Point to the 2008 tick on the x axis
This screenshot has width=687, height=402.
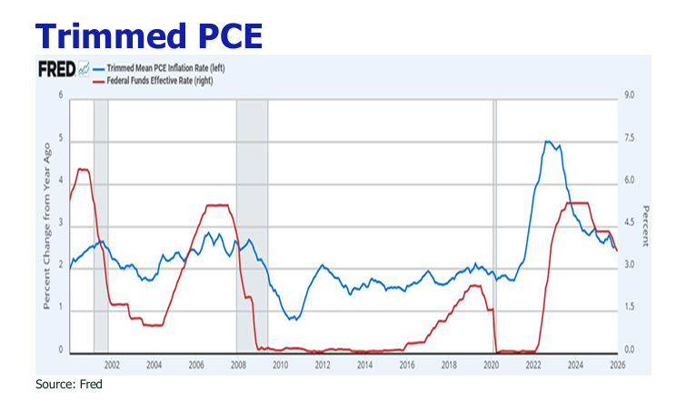click(x=237, y=366)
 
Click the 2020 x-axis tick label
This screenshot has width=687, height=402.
click(x=492, y=366)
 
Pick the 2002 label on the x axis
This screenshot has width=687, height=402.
click(x=112, y=366)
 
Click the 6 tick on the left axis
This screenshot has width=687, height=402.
click(x=61, y=95)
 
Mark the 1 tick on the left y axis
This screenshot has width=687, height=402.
click(x=61, y=308)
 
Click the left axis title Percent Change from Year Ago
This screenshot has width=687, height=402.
click(x=45, y=223)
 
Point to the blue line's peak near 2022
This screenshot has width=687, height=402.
click(x=547, y=142)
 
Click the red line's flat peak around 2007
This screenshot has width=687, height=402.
click(x=216, y=206)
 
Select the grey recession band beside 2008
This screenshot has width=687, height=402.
click(x=252, y=227)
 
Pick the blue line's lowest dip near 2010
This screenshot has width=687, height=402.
click(x=290, y=319)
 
